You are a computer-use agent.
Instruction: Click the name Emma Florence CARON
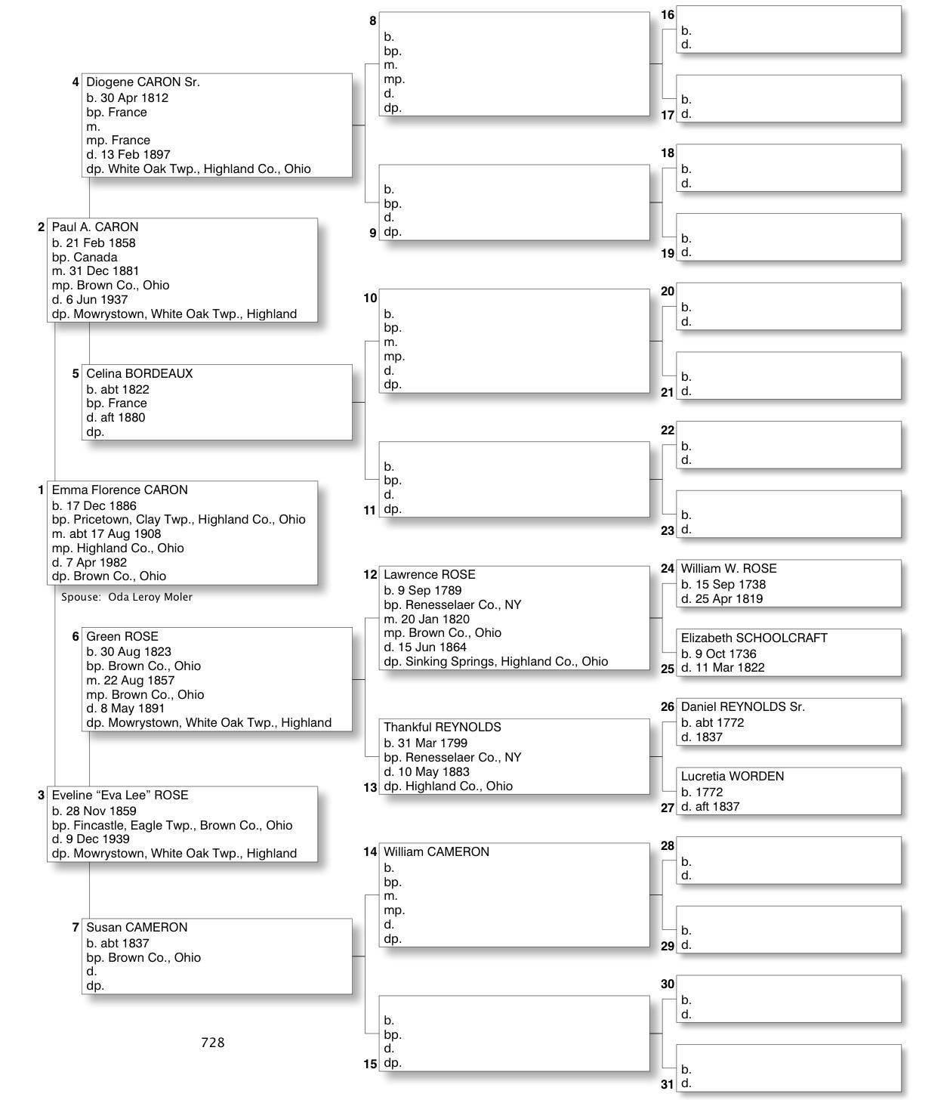(x=119, y=490)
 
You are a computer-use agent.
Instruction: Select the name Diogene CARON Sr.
(x=143, y=82)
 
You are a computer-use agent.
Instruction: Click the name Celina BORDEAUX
(x=139, y=374)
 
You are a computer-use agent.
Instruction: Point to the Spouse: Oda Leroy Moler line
(x=127, y=597)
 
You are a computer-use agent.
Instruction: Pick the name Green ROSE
(x=122, y=637)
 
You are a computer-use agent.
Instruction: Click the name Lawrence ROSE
(x=429, y=575)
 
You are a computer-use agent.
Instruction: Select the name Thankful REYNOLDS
(x=442, y=728)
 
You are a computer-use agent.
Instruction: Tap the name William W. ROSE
(x=728, y=569)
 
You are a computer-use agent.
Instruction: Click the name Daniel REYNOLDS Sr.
(x=742, y=707)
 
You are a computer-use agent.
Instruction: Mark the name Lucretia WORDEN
(x=732, y=777)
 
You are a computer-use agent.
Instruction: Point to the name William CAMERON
(x=436, y=852)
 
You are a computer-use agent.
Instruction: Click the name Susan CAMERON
(x=136, y=928)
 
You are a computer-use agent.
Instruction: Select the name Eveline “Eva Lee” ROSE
(x=119, y=796)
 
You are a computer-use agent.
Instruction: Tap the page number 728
(x=212, y=1043)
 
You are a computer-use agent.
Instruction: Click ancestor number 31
(x=667, y=1084)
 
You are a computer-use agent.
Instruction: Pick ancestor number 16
(x=668, y=15)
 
